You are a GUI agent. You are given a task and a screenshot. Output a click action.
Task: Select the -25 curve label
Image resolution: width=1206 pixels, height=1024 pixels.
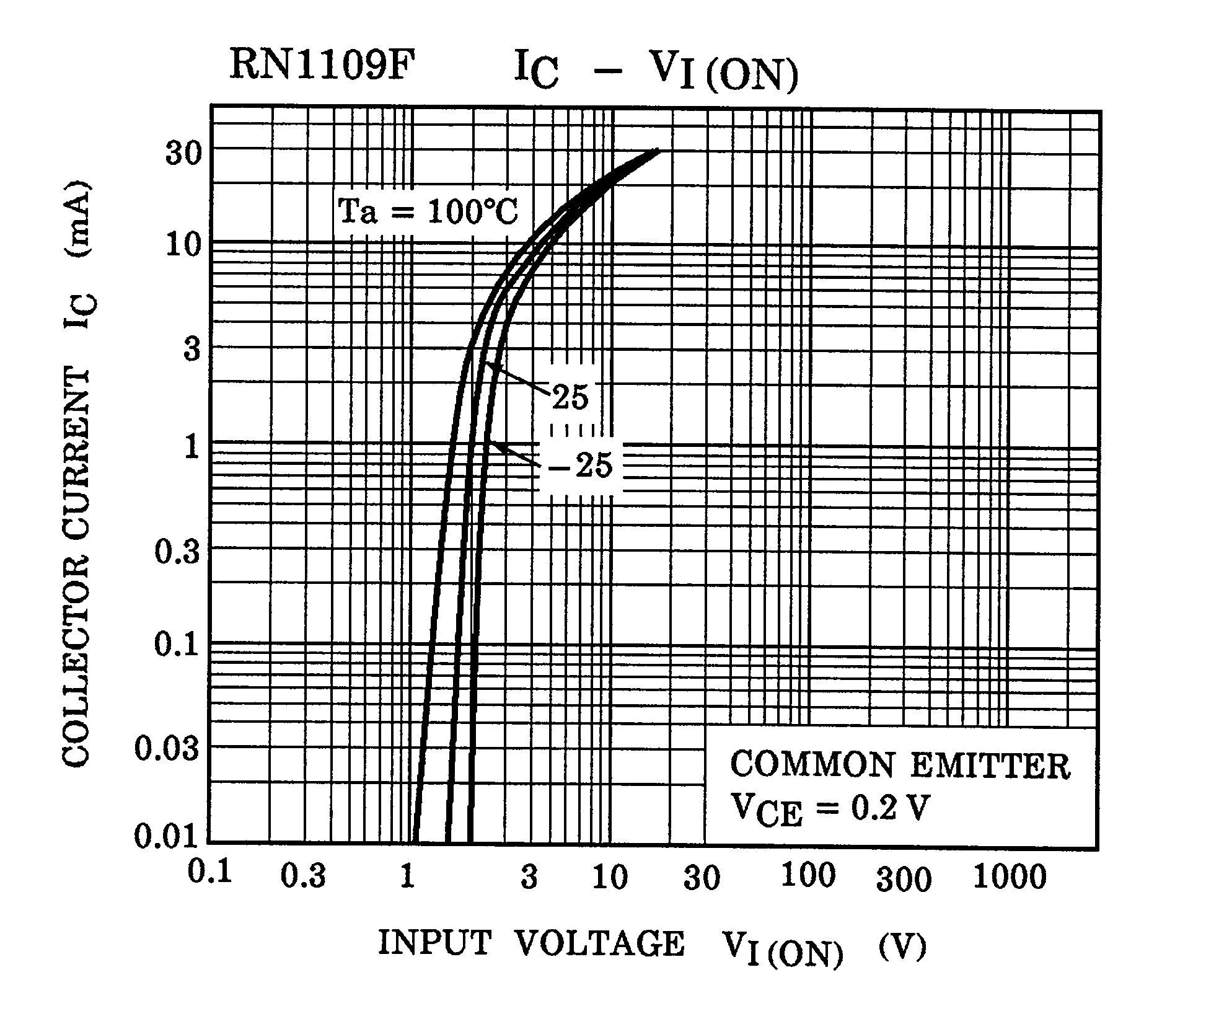pos(581,465)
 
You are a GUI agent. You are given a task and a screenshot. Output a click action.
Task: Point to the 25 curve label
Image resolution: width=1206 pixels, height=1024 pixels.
pos(570,397)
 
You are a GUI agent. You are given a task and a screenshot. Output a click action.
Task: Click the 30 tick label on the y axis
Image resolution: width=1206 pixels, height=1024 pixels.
pos(184,153)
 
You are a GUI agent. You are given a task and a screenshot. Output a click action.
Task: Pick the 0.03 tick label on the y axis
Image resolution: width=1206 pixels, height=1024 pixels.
pos(167,749)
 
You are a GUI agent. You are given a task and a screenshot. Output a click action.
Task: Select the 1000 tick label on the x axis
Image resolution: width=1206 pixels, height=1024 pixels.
pos(1010,877)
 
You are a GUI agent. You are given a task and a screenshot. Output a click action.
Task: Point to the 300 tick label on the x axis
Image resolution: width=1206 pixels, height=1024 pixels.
pos(904,880)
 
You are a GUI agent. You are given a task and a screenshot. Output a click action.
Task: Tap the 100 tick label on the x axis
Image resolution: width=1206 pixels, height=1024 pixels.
pos(808,875)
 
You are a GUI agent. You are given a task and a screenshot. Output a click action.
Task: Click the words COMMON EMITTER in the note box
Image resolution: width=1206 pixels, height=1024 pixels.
pos(900,766)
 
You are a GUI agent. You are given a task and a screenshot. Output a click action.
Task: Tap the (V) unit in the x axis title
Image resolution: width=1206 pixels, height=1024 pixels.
pos(902,946)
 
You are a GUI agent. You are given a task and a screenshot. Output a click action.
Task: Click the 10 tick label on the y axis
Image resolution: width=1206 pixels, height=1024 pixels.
pos(184,245)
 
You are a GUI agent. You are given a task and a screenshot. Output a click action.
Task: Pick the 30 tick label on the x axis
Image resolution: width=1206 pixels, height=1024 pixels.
pos(702,878)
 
